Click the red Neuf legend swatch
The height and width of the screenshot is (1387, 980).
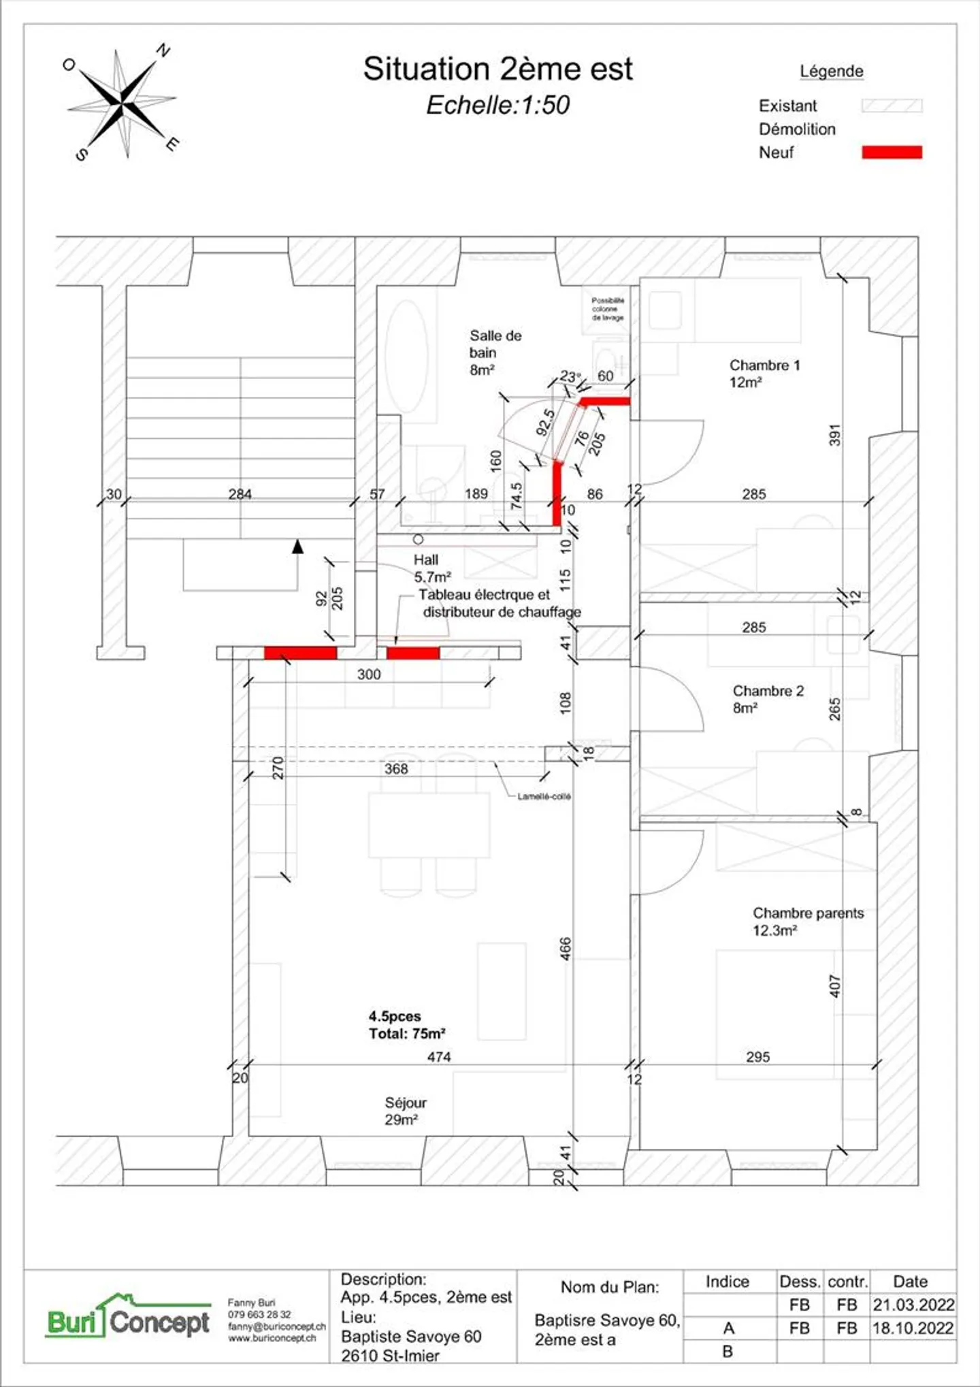pos(892,152)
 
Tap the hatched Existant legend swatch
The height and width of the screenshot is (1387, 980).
pos(892,105)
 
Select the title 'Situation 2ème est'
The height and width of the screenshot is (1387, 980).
pos(497,69)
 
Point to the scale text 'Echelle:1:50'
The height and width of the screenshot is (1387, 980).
pos(497,105)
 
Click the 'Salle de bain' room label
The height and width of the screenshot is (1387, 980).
pos(495,352)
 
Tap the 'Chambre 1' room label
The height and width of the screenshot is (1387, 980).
pos(764,373)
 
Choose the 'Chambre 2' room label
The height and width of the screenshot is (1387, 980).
pos(767,699)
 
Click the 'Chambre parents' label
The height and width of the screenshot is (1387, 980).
pos(807,921)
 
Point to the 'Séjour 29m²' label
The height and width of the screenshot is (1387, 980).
pos(405,1111)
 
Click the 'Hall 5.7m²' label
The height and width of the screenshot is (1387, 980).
pos(431,568)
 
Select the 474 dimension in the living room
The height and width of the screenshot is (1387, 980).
pos(439,1057)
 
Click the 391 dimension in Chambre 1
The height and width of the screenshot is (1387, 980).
pos(835,436)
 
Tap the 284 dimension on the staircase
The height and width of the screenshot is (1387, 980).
pos(240,494)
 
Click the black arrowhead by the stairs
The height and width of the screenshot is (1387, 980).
pos(297,546)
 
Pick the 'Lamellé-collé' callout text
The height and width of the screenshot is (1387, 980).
pos(544,796)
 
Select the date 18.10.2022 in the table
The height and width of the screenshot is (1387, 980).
pos(913,1328)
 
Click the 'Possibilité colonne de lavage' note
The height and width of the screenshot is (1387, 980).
pos(607,309)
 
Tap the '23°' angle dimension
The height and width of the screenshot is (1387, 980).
pos(570,376)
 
